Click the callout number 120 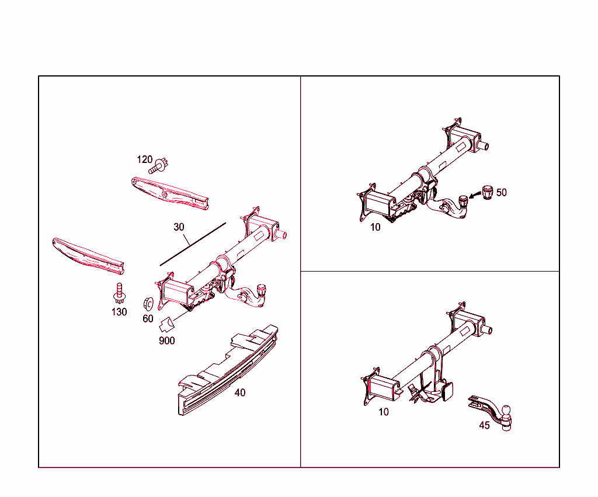tap(144, 159)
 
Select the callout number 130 tap(119, 312)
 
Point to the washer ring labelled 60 tap(149, 303)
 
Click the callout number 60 tap(148, 319)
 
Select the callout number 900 tap(166, 340)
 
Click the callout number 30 tap(179, 227)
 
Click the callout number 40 tap(239, 392)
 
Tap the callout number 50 tap(501, 192)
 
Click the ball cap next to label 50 tap(486, 190)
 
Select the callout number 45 tap(484, 425)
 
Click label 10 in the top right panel tap(375, 227)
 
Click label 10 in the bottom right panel tap(383, 412)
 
